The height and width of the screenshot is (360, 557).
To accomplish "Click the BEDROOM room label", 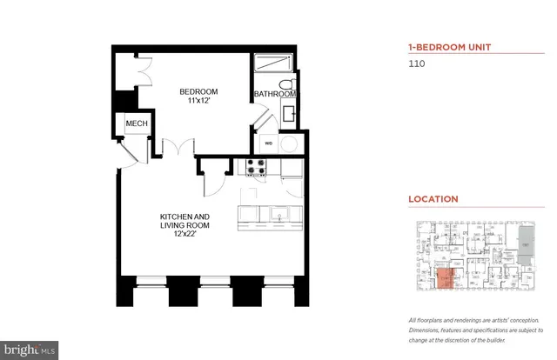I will pos(198,91).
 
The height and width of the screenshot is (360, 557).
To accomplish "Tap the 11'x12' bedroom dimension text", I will pos(198,102).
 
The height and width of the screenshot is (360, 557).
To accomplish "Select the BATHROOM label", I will pos(275,94).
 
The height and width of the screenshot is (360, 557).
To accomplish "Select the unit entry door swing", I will pos(127,157).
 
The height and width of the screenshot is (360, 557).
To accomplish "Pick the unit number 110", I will pos(417,63).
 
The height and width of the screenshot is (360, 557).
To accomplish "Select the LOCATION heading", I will pos(433,198).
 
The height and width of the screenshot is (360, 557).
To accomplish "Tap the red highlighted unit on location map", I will pos(445,278).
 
